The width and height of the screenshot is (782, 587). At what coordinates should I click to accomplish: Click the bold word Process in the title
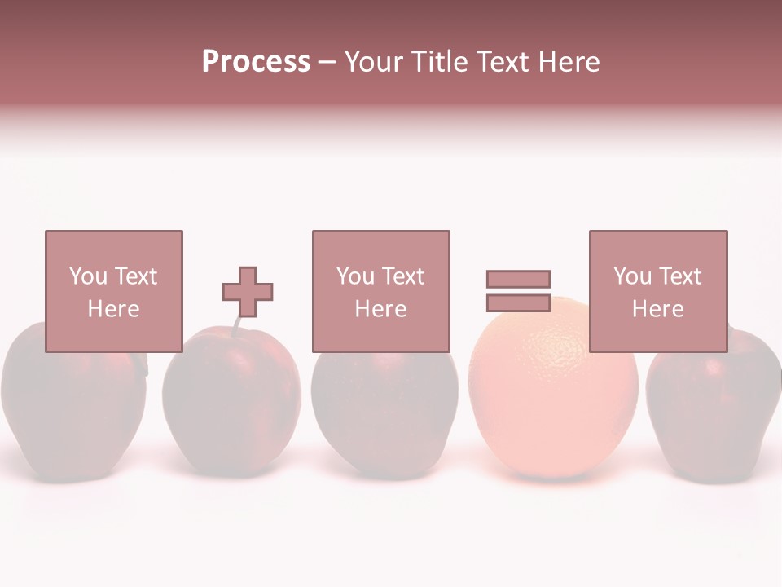click(256, 62)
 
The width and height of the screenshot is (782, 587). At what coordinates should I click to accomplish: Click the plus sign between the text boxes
click(248, 292)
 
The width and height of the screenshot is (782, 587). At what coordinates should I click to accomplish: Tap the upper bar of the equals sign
click(518, 279)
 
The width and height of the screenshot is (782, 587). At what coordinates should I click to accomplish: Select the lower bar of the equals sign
click(518, 302)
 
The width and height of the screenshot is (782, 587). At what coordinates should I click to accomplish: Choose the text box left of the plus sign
click(113, 291)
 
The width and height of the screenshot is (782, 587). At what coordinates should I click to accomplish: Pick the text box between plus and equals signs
click(380, 291)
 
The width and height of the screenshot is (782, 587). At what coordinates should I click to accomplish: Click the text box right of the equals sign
click(657, 291)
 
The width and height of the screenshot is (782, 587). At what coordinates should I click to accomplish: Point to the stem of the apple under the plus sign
click(236, 325)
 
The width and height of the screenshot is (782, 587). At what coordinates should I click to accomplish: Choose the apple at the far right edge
click(714, 408)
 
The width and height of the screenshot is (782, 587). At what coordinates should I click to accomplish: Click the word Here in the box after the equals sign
click(657, 308)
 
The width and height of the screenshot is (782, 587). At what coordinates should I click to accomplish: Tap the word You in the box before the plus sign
click(88, 276)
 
